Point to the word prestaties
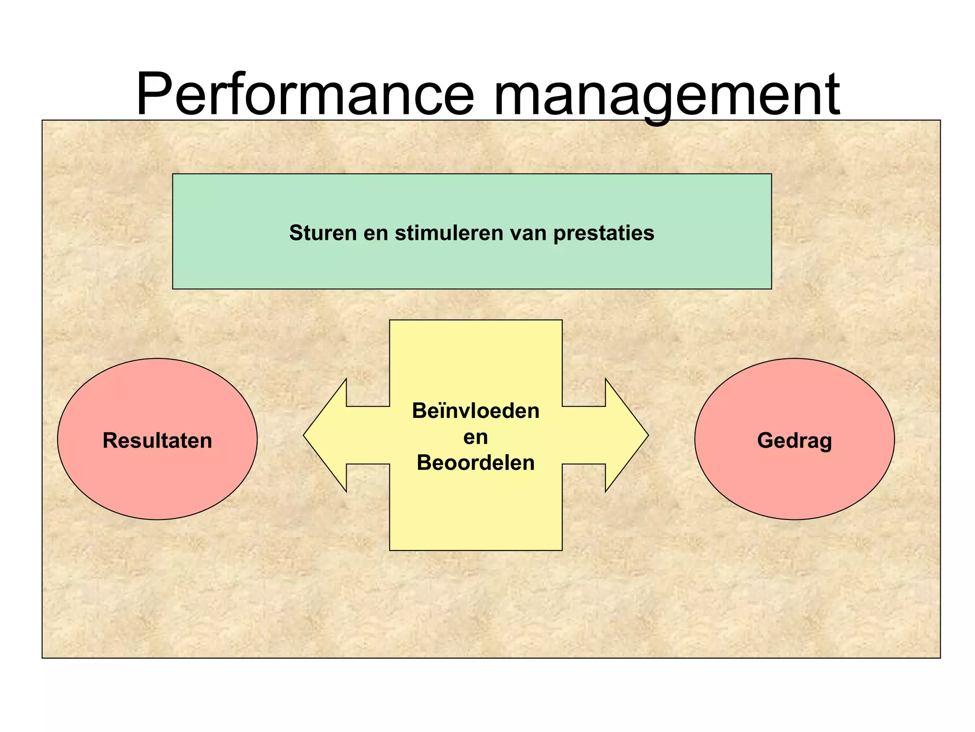[604, 233]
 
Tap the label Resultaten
[157, 440]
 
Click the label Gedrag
[794, 440]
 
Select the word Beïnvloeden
[476, 411]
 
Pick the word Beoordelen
[476, 463]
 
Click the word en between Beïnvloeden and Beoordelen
[476, 437]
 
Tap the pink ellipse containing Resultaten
[157, 481]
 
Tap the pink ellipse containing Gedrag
[794, 481]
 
